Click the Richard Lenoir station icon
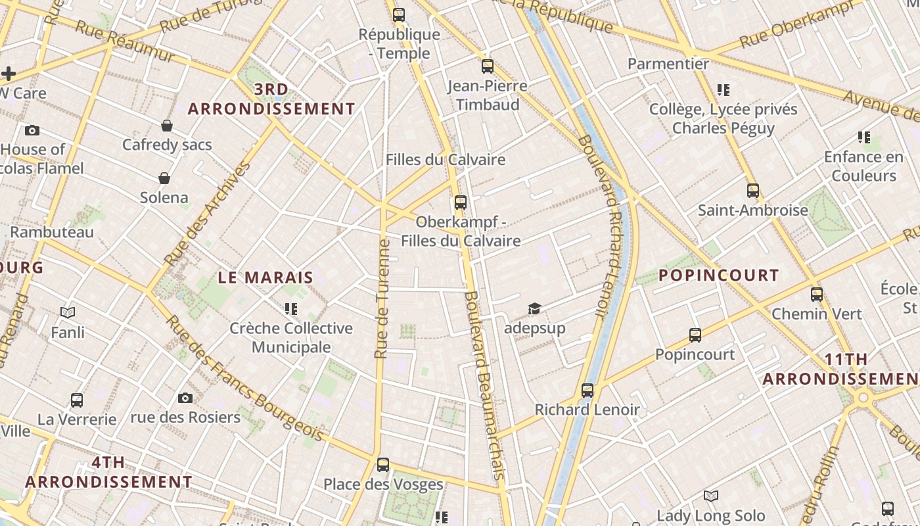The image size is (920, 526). tap(587, 390)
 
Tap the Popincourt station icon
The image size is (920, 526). tap(695, 335)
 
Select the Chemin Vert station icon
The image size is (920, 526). tap(817, 294)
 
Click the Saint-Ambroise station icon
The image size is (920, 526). tap(753, 191)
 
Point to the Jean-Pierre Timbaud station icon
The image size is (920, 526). tap(487, 66)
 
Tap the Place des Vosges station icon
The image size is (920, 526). tap(383, 464)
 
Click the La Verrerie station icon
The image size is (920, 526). tap(77, 400)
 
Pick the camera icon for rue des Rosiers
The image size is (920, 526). tap(185, 398)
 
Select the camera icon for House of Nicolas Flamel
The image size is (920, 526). tap(32, 130)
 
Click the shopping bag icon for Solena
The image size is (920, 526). tap(164, 178)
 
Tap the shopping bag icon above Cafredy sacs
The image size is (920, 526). tap(167, 125)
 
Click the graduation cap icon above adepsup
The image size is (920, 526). tap(534, 308)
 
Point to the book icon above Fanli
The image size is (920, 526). tap(68, 312)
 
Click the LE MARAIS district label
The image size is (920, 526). tap(265, 277)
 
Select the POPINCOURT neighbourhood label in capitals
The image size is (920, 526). tap(718, 275)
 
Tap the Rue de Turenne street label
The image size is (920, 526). tap(382, 299)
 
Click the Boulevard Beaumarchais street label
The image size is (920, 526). tap(484, 385)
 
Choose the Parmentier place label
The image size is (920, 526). tap(668, 64)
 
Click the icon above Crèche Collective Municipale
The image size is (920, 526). tap(291, 308)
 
